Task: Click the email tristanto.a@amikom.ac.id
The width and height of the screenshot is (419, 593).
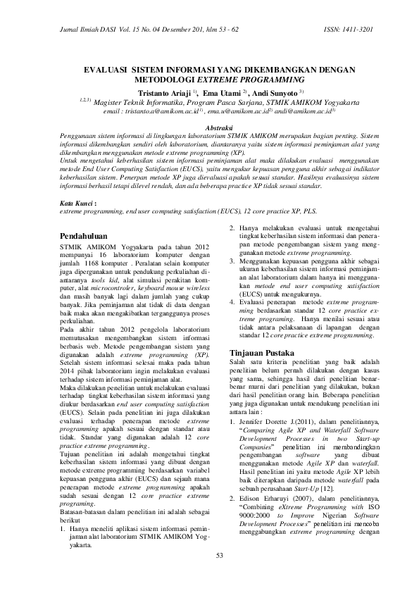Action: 161,111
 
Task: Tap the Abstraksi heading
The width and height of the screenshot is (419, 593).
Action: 209,127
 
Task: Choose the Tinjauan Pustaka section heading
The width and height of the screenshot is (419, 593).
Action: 265,352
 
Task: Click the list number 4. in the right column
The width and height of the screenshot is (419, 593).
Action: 233,301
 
